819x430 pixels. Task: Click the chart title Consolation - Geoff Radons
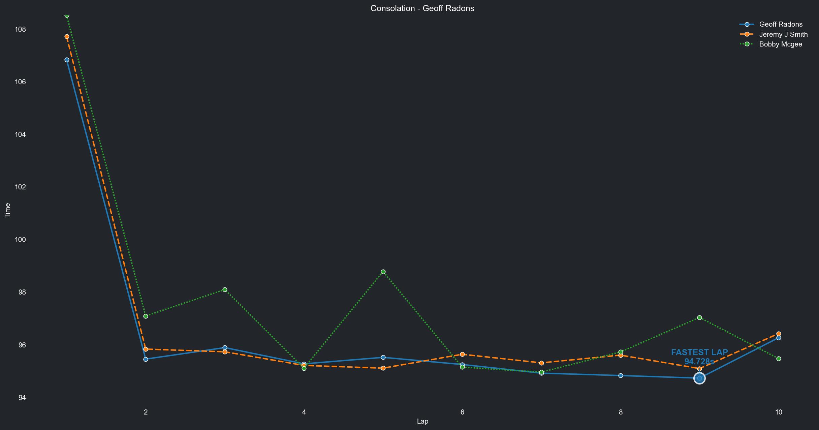422,8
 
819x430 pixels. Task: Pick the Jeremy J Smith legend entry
783,34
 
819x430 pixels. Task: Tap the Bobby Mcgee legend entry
780,44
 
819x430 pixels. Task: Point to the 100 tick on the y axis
20,240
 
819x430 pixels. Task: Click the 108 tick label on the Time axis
20,29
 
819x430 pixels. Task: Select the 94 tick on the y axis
22,398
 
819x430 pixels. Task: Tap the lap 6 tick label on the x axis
462,412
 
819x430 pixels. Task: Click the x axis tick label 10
778,412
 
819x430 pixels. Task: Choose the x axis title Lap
422,421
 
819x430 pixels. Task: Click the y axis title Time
7,210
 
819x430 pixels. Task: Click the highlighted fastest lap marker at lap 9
699,378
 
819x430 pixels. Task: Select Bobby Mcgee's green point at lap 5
383,272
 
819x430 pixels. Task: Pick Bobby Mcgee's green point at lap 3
225,290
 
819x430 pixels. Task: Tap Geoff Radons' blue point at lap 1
67,60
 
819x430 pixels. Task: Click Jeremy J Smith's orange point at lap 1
67,37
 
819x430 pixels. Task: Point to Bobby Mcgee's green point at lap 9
699,318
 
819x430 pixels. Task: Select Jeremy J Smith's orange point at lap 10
779,334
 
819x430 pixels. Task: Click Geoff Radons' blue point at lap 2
146,360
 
